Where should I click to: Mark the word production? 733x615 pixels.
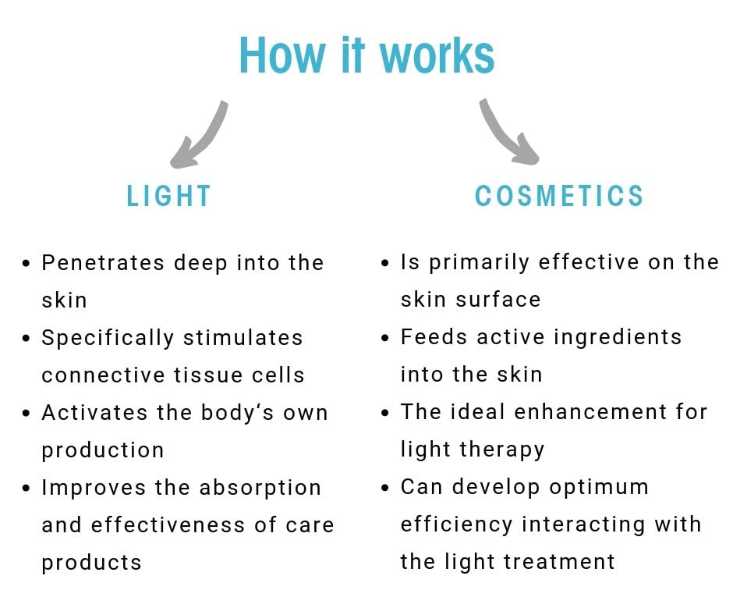(103, 450)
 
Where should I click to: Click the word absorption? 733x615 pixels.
(260, 488)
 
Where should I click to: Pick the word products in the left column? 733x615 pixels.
(91, 563)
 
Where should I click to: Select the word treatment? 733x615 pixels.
(560, 561)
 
